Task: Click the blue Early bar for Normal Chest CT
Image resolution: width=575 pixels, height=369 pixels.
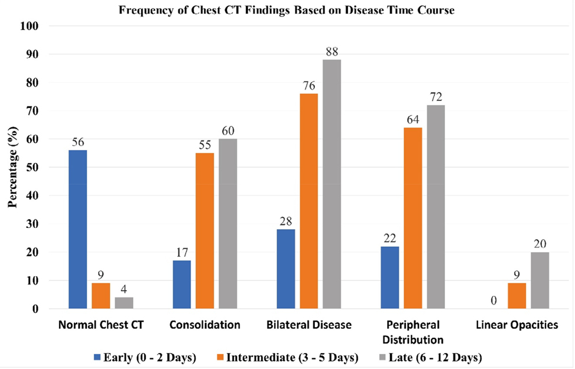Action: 78,229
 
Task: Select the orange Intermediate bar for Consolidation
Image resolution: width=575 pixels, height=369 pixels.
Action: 204,230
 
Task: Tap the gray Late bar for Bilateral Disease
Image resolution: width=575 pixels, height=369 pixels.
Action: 332,184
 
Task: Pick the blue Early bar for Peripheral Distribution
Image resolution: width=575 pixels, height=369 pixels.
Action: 390,277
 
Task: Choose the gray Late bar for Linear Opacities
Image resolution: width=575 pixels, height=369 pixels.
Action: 540,280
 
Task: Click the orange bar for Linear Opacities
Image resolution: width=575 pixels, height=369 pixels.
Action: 516,296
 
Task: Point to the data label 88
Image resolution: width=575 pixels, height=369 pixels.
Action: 332,52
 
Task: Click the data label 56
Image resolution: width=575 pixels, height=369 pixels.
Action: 78,142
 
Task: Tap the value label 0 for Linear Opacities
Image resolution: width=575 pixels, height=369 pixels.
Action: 493,301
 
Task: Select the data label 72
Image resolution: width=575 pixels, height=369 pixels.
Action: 436,97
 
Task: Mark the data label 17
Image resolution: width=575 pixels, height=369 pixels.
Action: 182,253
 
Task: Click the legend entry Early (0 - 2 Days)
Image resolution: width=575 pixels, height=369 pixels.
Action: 145,357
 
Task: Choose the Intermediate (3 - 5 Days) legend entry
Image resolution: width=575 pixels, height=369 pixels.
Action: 288,357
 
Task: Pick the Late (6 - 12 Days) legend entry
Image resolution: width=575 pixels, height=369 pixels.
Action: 431,357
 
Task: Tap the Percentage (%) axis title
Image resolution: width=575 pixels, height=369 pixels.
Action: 13,167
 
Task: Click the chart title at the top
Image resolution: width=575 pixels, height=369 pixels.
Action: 287,10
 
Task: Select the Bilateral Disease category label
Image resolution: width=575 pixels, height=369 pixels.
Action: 308,325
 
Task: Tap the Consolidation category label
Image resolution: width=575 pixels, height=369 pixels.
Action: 204,325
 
